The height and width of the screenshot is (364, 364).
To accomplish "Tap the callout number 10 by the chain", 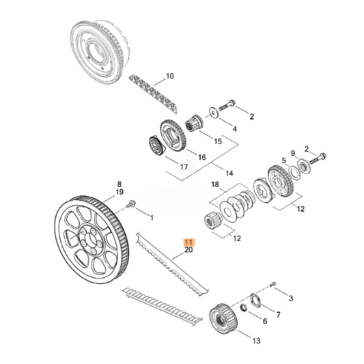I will point(170,76).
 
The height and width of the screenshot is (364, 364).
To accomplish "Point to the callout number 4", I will point(234,128).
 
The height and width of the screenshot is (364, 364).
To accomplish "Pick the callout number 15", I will point(218,141).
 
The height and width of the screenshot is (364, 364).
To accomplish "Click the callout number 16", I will point(202,157).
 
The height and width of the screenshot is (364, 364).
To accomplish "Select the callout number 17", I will point(183,166).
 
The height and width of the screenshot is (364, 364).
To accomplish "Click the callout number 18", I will point(214,184).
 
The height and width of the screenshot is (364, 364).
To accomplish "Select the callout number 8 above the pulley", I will point(120,184).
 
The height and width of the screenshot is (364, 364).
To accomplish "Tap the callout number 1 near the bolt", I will point(151,218).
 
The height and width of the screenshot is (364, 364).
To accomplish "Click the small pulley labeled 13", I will point(221,316).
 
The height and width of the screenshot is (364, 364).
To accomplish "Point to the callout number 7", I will point(278,314).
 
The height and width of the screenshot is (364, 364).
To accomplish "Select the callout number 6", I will point(263,322).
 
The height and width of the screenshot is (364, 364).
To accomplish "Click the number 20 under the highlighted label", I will point(189,251).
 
